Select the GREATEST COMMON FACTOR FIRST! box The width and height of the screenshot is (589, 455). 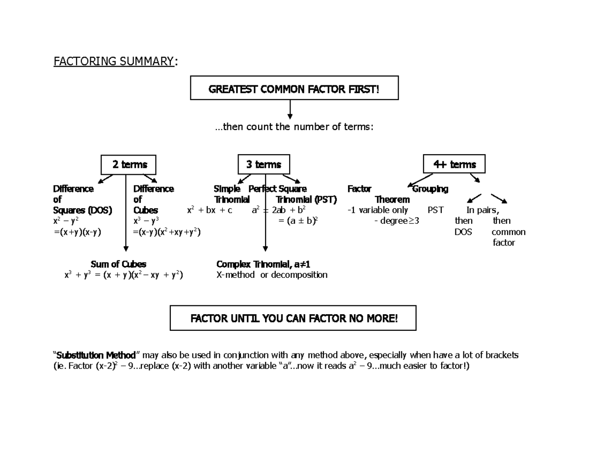294,89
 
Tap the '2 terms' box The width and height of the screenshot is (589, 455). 128,165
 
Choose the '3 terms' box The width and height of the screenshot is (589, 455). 264,165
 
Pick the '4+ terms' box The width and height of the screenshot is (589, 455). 454,165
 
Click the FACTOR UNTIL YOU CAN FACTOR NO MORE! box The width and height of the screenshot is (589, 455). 293,319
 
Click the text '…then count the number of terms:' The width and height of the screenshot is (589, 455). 294,127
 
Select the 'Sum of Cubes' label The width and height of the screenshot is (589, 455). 118,264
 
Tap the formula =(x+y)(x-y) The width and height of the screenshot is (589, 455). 78,232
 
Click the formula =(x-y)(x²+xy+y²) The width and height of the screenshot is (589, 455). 167,232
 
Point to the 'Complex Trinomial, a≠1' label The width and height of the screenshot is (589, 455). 263,264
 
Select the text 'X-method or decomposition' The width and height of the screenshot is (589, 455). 272,275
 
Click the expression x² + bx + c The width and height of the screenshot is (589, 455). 210,211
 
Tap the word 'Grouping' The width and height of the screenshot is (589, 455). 430,189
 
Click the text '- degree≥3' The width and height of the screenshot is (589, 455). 397,221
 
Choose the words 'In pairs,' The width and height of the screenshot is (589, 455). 482,211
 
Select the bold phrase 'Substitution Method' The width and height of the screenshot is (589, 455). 96,355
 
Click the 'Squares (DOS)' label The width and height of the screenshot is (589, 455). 82,211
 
